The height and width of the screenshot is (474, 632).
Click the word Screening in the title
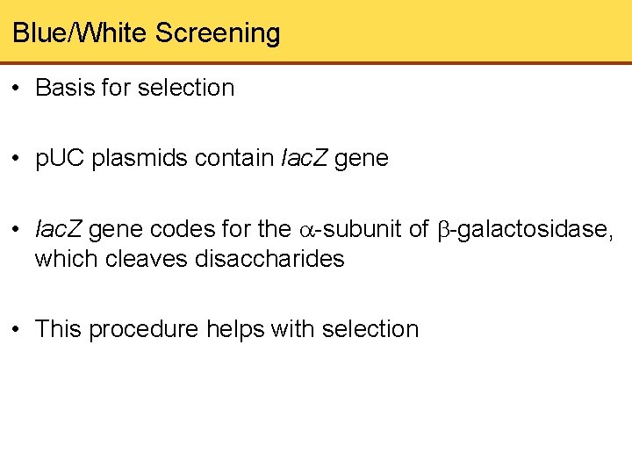point(218,33)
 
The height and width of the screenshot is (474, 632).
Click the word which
point(62,259)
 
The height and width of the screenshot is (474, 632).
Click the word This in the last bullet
point(59,329)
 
